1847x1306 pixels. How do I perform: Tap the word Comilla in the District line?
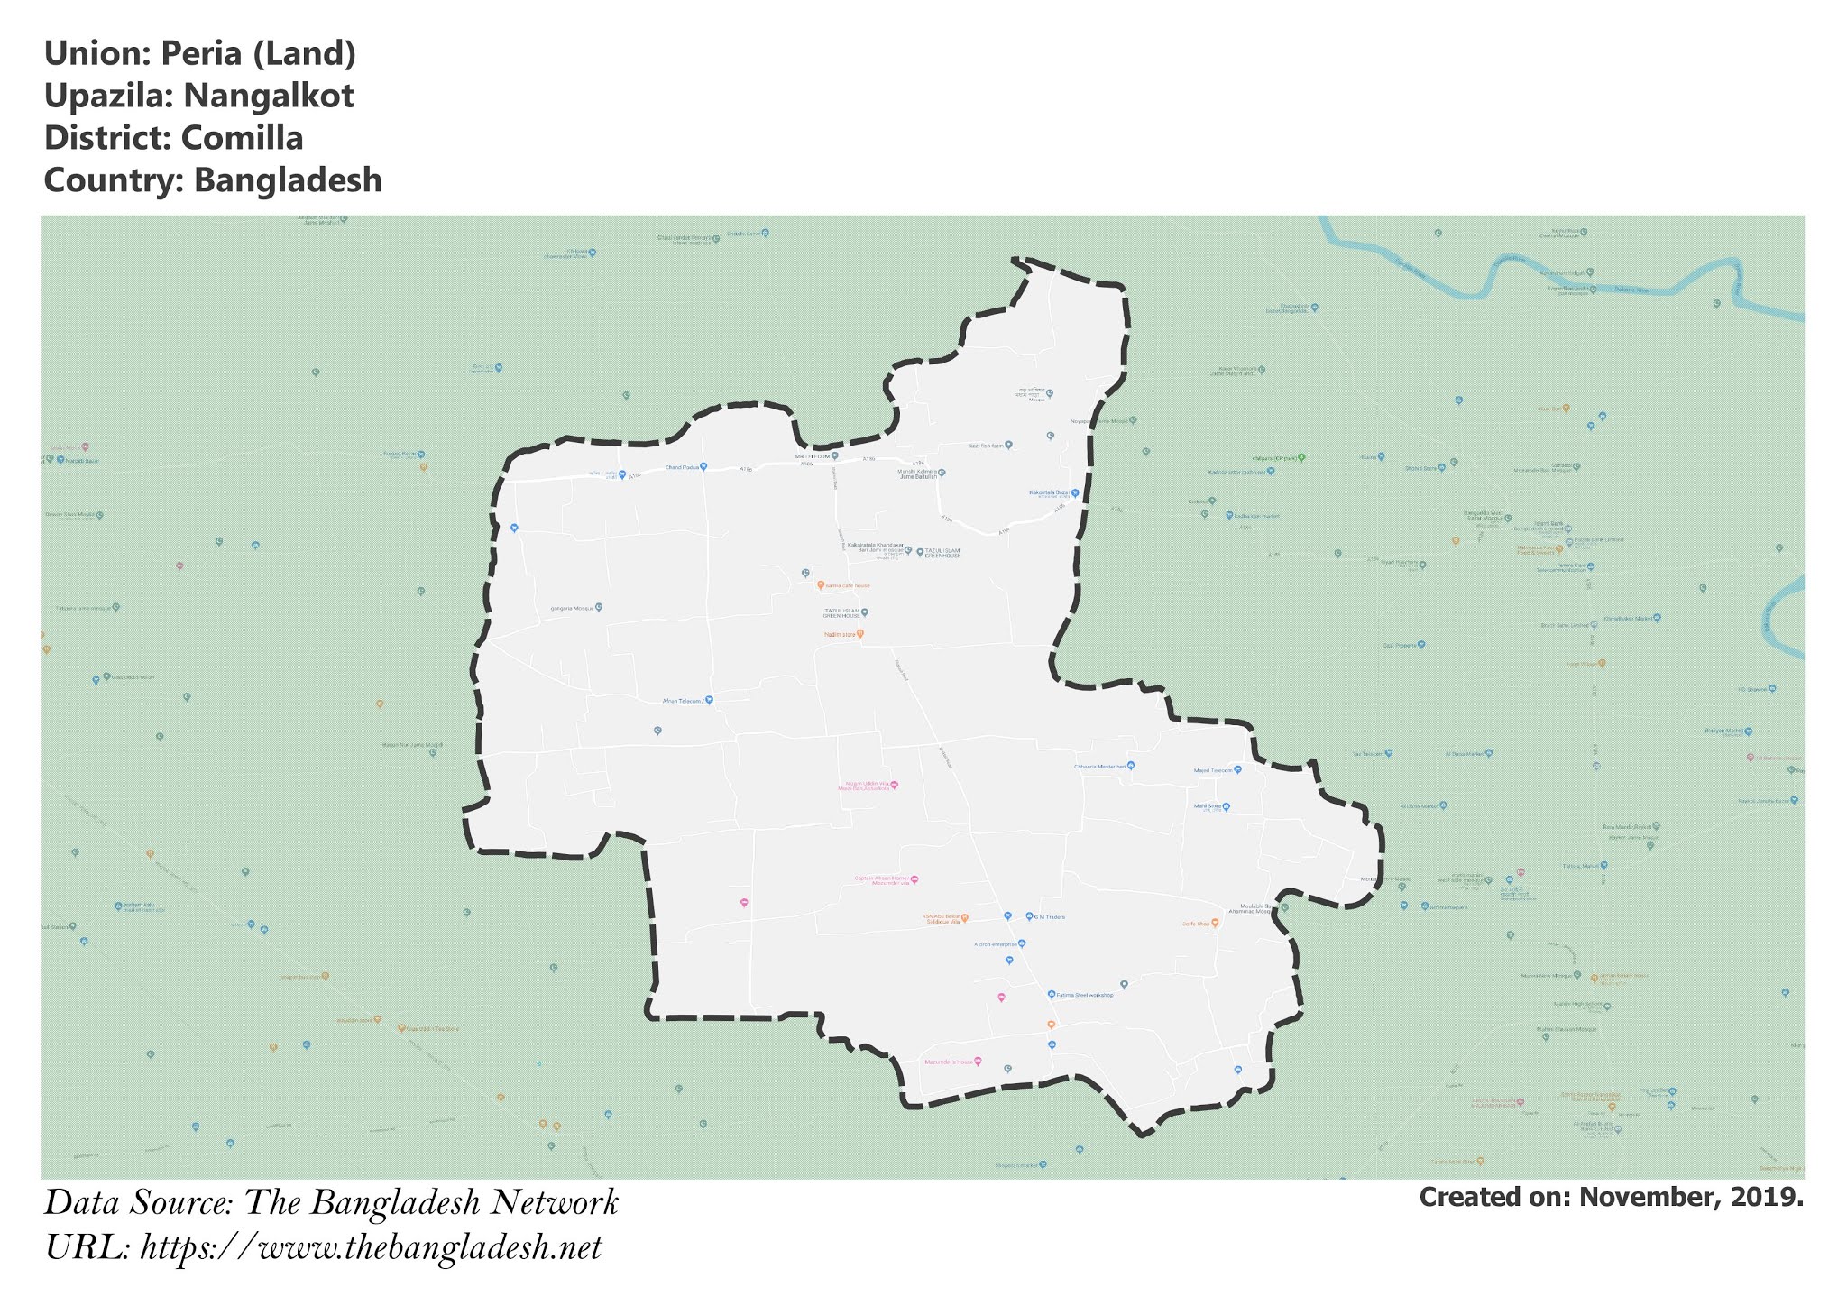pos(242,138)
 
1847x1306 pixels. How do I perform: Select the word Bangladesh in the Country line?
pos(288,180)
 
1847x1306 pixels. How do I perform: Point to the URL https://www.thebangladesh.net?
pos(371,1248)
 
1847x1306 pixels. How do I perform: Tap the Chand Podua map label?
pos(682,467)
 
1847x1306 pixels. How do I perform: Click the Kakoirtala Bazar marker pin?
pos(1075,493)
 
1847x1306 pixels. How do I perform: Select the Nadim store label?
pos(839,634)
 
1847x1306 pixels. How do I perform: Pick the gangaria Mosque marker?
pos(599,607)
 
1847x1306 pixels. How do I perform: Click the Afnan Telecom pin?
pos(709,700)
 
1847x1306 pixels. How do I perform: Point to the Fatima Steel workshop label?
pos(1086,995)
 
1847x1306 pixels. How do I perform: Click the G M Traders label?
pos(1050,917)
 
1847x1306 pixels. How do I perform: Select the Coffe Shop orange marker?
pos(1215,923)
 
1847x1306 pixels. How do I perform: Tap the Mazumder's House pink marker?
pos(978,1061)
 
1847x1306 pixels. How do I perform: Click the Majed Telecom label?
pos(1212,770)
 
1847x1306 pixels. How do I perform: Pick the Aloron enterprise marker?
pos(1022,943)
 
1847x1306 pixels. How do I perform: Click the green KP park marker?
pos(1300,457)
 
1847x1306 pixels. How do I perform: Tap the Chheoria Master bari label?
pos(1100,767)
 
